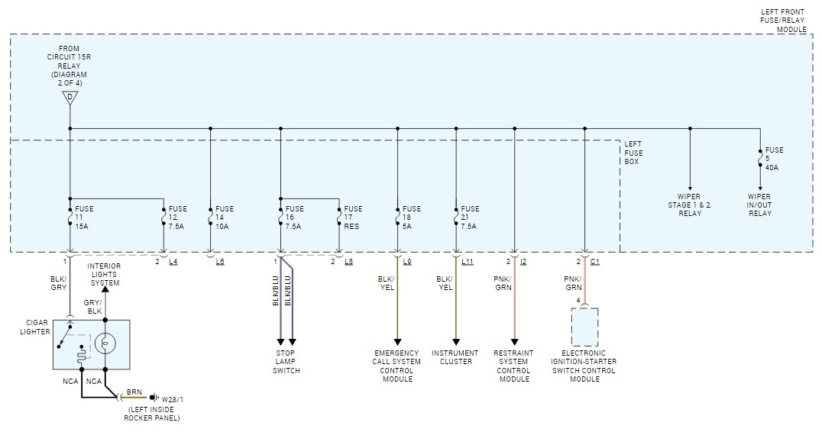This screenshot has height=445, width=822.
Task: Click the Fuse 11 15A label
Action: (84, 217)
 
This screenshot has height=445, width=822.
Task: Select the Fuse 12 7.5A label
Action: (177, 217)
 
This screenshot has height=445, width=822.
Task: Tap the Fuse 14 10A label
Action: (225, 217)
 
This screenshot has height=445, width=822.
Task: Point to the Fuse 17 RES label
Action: (353, 217)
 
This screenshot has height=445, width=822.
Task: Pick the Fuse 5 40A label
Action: (774, 160)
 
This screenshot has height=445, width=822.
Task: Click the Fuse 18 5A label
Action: (411, 217)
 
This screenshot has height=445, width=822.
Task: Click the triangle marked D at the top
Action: (70, 98)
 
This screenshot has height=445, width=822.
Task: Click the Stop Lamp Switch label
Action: (287, 362)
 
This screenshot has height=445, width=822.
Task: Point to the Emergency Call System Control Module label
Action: (397, 366)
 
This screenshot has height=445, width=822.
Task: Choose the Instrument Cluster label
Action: (455, 357)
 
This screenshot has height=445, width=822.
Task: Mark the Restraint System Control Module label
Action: (513, 366)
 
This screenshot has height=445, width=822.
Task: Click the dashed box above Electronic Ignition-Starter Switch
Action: (584, 327)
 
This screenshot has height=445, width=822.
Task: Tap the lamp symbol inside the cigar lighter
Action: (106, 343)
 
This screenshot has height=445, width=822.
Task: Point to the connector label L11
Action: (468, 262)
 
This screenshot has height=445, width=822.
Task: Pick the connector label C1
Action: (595, 262)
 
